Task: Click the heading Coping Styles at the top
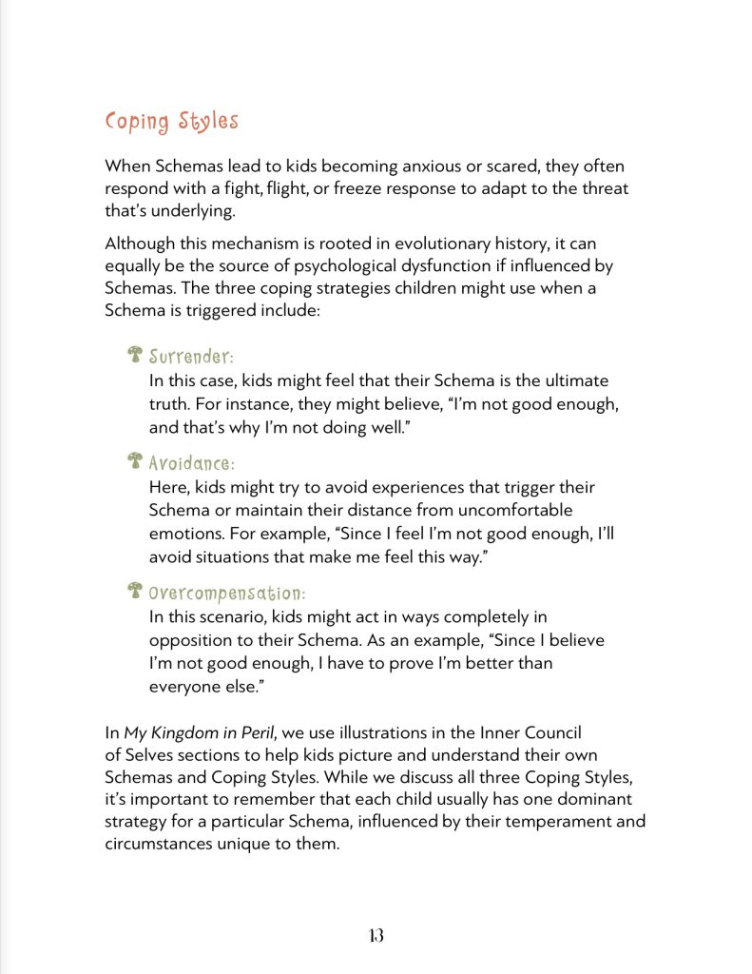click(x=171, y=123)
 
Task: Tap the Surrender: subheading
click(x=191, y=357)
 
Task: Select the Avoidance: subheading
click(x=191, y=463)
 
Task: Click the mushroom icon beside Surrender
click(x=135, y=356)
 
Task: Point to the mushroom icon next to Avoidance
click(x=135, y=462)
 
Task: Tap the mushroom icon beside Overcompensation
click(x=135, y=591)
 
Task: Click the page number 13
click(x=375, y=935)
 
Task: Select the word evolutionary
click(x=431, y=243)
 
